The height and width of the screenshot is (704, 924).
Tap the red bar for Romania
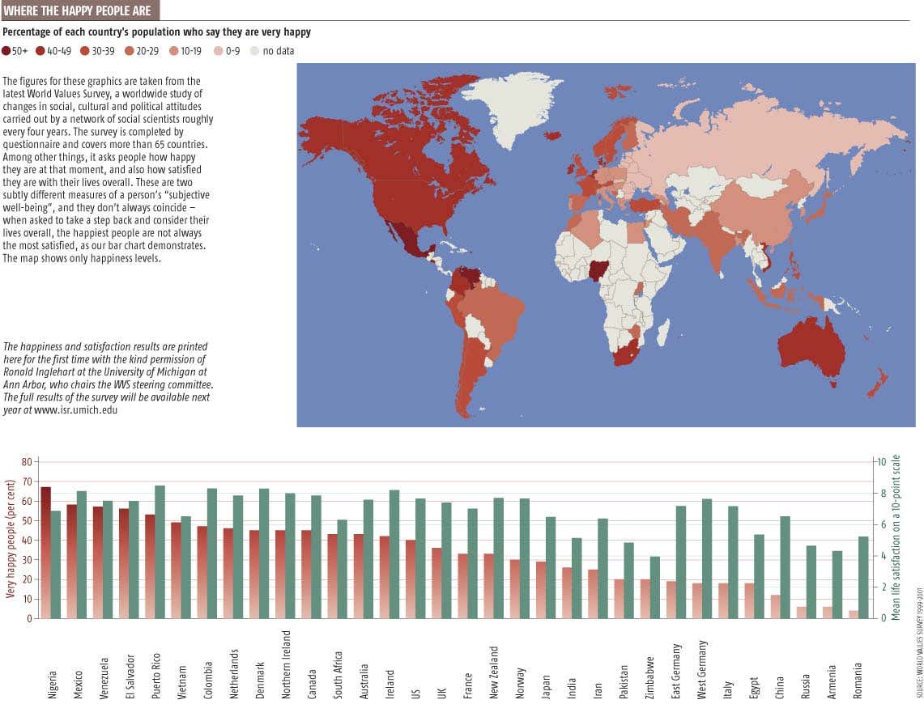coord(853,614)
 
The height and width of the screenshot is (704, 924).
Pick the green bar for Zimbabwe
coord(654,587)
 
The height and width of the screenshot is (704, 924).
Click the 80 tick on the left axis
coord(25,462)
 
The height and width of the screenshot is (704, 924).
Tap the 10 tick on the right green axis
coord(882,462)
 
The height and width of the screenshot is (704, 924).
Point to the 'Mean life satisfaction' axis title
coord(896,538)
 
